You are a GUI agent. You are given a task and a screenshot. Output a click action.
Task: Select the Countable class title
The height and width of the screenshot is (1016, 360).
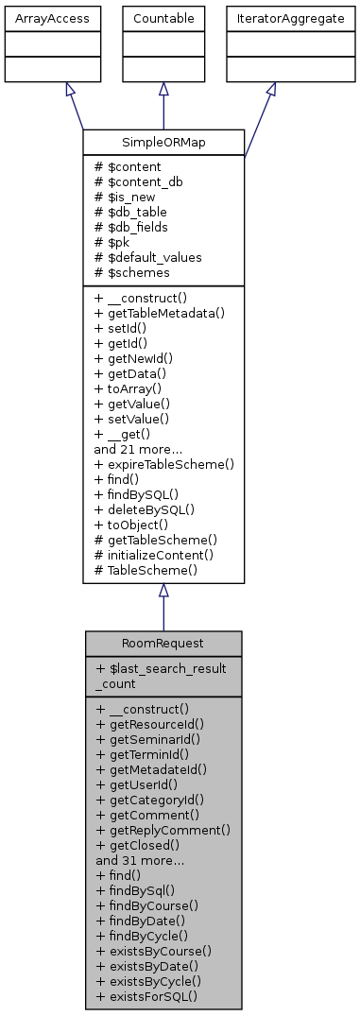tap(163, 17)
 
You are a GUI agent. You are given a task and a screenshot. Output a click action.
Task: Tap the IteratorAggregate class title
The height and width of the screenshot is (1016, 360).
tap(271, 17)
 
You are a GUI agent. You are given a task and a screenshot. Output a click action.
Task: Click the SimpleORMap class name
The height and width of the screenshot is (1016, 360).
tap(163, 142)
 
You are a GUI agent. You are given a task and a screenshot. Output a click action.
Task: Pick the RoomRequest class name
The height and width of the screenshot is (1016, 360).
tap(163, 643)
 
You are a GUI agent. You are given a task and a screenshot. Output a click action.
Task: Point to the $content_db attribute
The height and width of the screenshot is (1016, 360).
tap(137, 181)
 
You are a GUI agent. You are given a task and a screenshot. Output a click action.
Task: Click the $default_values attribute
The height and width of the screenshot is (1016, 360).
tap(147, 256)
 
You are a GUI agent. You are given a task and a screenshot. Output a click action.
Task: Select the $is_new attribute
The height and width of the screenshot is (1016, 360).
tap(129, 196)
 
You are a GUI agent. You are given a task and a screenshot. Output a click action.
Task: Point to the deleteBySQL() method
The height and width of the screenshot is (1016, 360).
tap(144, 509)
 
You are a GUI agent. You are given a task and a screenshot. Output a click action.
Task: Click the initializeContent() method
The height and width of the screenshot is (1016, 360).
tap(153, 555)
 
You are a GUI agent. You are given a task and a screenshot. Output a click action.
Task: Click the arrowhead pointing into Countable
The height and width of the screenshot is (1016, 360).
tap(163, 89)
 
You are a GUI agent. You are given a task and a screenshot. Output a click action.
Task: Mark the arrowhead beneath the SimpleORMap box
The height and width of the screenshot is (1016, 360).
tap(163, 590)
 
